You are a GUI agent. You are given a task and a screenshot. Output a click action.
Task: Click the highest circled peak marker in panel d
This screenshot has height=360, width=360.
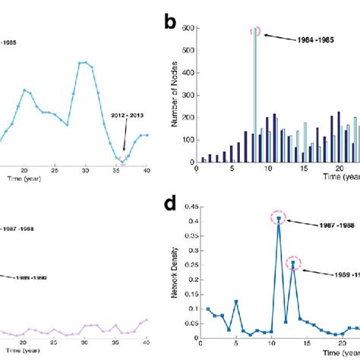point(279,219)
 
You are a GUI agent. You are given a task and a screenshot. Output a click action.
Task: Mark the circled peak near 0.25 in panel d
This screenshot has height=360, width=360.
point(292,264)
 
